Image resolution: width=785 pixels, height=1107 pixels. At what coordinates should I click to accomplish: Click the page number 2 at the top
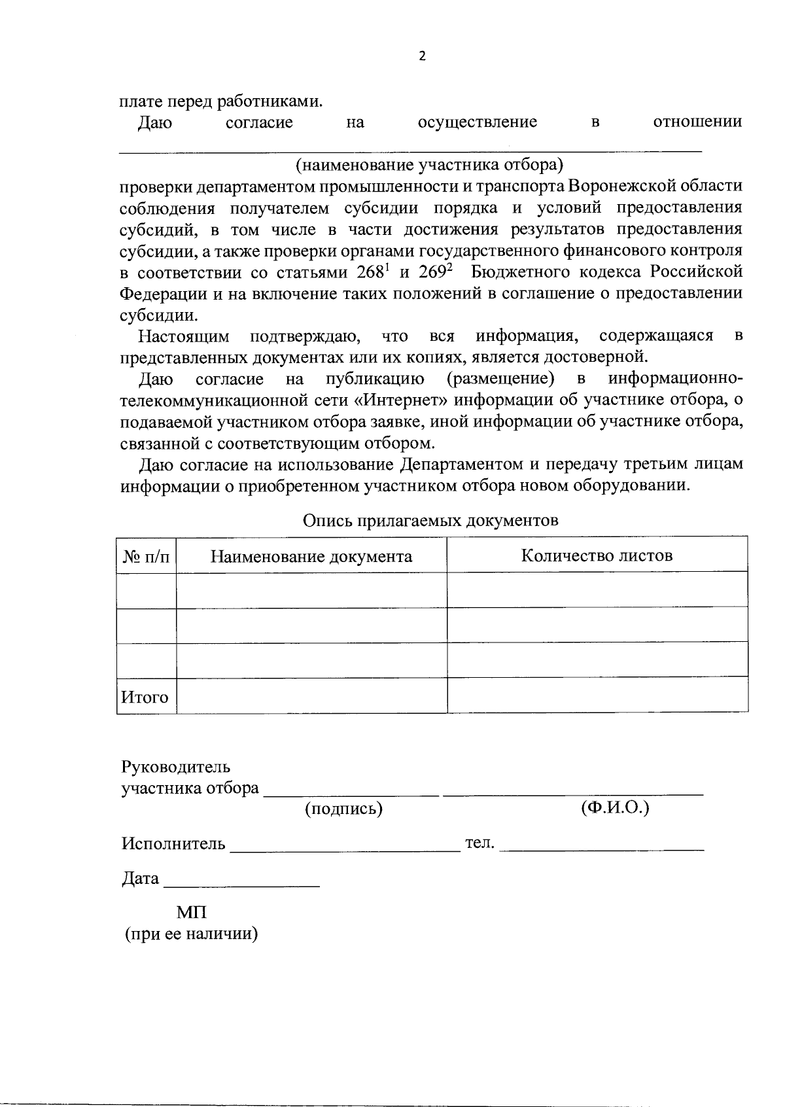pyautogui.click(x=421, y=56)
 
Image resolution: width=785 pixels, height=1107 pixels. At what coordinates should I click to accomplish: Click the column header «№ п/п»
pyautogui.click(x=146, y=557)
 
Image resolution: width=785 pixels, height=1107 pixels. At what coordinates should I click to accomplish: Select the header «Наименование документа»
pyautogui.click(x=311, y=557)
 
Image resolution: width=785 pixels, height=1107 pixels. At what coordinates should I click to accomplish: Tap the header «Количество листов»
pyautogui.click(x=597, y=555)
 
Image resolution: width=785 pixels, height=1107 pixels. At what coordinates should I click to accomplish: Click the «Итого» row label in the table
pyautogui.click(x=145, y=697)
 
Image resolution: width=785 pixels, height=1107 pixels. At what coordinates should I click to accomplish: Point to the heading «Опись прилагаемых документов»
pyautogui.click(x=430, y=520)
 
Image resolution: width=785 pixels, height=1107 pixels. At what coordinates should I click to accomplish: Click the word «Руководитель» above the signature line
pyautogui.click(x=176, y=767)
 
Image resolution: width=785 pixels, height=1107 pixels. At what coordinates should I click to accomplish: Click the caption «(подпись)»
pyautogui.click(x=343, y=809)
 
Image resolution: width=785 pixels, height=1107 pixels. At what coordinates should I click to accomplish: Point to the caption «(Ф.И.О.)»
pyautogui.click(x=615, y=807)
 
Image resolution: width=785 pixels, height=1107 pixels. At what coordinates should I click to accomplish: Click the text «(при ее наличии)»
pyautogui.click(x=192, y=934)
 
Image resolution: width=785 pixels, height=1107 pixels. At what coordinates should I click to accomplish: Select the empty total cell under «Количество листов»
pyautogui.click(x=597, y=695)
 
